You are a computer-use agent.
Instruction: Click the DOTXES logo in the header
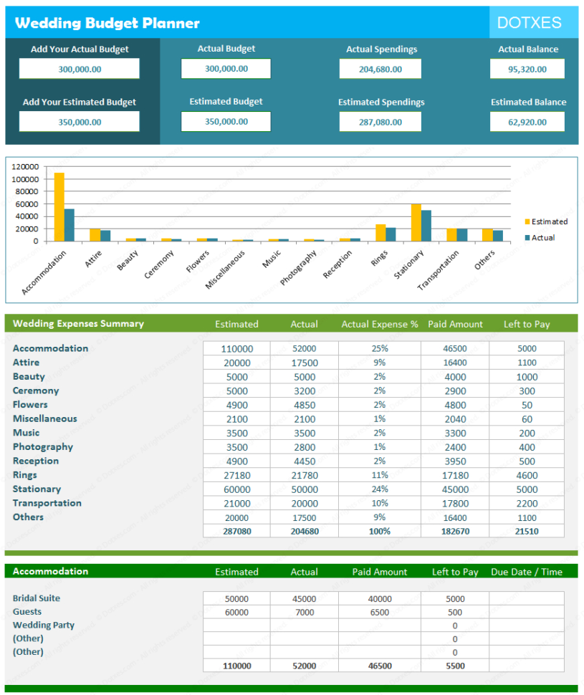point(529,22)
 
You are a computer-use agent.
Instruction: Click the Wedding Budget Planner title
point(107,23)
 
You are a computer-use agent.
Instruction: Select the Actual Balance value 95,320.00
point(527,69)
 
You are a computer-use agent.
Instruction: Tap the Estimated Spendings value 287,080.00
point(380,123)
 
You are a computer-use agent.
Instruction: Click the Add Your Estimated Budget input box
point(79,123)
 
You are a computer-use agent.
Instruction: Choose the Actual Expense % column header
point(379,325)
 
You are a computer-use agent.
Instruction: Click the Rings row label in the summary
point(24,475)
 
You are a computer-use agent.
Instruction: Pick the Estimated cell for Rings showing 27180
point(236,475)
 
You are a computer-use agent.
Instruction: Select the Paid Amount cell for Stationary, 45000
point(455,489)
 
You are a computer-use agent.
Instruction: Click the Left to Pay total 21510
point(527,531)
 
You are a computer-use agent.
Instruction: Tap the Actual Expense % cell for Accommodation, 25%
point(379,349)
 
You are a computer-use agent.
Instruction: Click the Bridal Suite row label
point(37,598)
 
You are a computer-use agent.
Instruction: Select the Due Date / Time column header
point(527,572)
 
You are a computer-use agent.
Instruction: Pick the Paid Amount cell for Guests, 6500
point(380,613)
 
